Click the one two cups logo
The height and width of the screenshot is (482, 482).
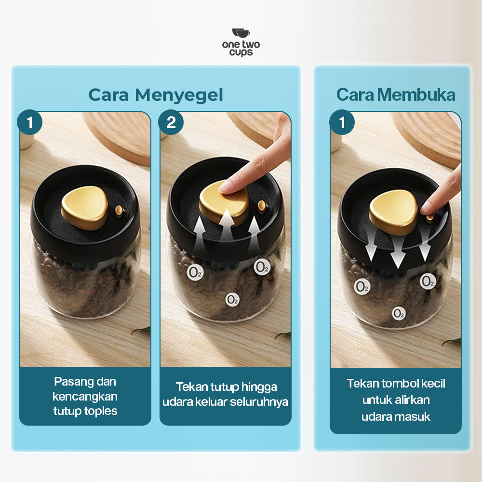pos(241,42)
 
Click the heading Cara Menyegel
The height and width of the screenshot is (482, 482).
pos(156,95)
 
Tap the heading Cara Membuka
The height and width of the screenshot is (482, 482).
pos(395,95)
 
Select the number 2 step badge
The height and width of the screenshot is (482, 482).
pos(171,122)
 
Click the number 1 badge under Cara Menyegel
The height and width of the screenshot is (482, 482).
pos(30,122)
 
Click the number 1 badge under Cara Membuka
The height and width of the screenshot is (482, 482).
pos(342,122)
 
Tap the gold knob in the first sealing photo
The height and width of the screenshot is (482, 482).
pos(84,206)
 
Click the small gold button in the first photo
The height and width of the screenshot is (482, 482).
pos(119,210)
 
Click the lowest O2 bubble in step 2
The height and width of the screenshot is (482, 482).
pos(232,299)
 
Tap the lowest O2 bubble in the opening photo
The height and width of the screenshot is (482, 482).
pos(399,314)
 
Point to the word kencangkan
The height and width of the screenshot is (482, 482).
pos(85,396)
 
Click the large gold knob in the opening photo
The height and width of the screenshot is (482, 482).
pos(393,211)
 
